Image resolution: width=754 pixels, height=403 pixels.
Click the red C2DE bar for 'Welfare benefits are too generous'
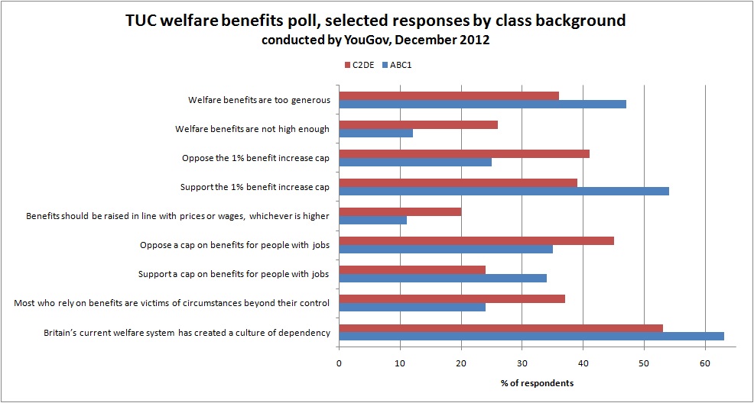[449, 95]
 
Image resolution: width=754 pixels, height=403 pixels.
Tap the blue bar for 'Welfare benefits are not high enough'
[375, 133]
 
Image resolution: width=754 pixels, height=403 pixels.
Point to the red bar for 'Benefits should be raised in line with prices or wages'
[400, 211]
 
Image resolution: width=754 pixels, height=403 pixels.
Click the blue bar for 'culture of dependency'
[531, 336]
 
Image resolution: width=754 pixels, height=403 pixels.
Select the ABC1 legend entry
[402, 64]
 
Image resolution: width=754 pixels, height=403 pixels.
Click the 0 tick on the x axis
[339, 363]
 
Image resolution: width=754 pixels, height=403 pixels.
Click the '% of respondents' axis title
[537, 382]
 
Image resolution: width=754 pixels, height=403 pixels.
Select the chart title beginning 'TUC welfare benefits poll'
[376, 21]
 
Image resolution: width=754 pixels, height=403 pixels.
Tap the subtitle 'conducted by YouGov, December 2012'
[376, 40]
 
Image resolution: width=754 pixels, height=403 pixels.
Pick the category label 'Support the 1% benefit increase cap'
[255, 187]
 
